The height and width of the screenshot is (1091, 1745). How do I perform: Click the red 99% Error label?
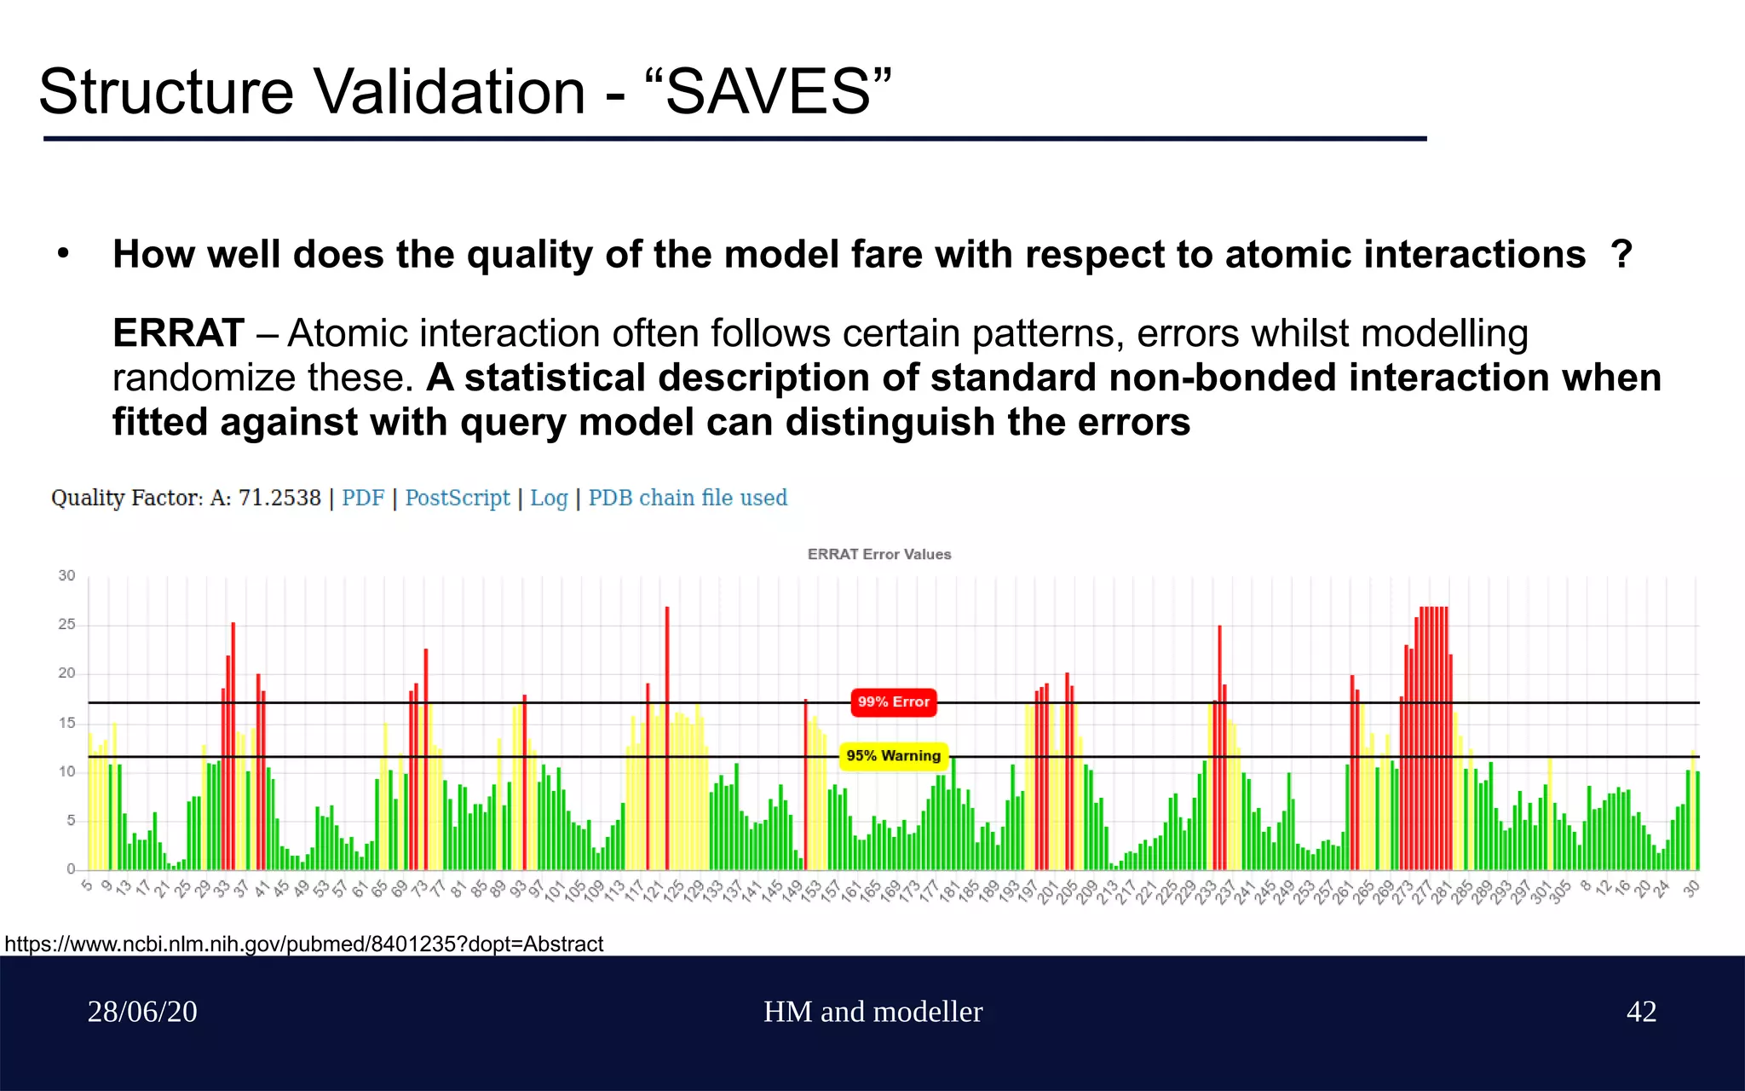pos(893,702)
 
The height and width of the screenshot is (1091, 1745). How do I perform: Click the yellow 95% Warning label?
pos(893,756)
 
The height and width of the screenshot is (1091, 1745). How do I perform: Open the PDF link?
pos(363,498)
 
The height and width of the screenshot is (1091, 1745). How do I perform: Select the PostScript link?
pos(457,498)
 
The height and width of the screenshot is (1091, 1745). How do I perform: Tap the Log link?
pos(549,498)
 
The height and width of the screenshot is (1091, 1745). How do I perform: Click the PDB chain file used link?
pos(688,498)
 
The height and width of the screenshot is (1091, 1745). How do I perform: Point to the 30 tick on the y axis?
pos(66,576)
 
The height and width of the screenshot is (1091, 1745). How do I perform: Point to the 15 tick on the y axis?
pos(66,723)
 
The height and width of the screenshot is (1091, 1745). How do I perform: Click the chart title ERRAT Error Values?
pos(878,554)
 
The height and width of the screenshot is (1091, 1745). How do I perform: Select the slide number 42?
pos(1641,1012)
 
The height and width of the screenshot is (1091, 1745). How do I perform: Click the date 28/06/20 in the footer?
pos(142,1012)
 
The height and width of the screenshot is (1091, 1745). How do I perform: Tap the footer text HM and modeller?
pos(872,1012)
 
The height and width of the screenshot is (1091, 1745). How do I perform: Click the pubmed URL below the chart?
pos(303,944)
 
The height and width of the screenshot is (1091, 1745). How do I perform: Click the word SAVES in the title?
pos(768,92)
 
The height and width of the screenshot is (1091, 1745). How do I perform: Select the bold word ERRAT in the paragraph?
pos(178,333)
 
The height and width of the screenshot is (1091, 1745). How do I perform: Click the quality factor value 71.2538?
pos(279,498)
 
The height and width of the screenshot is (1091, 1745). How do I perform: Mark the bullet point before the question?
pos(62,253)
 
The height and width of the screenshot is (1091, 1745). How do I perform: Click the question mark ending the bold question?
pos(1621,254)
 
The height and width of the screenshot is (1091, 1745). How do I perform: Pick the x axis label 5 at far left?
pos(86,886)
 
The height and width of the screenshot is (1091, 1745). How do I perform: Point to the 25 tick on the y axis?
pos(66,625)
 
